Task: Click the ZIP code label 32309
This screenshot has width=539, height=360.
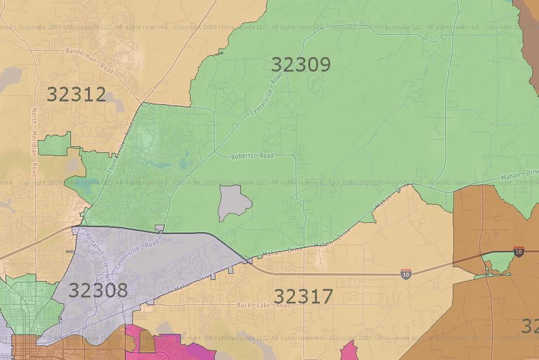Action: tap(300, 65)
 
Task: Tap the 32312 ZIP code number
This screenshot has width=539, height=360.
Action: tap(76, 94)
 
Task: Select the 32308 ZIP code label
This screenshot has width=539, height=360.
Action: tap(98, 290)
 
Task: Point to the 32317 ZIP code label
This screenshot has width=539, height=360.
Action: tap(303, 296)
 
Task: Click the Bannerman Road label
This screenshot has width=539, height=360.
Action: tap(90, 61)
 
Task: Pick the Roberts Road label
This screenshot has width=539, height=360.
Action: tap(253, 156)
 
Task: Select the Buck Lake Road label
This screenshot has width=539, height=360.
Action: tap(264, 305)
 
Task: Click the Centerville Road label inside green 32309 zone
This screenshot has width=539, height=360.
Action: tap(266, 95)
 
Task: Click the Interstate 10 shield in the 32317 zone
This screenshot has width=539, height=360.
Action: tap(405, 275)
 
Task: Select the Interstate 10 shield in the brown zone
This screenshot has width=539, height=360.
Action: tap(518, 251)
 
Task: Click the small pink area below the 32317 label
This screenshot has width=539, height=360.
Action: tap(349, 352)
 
